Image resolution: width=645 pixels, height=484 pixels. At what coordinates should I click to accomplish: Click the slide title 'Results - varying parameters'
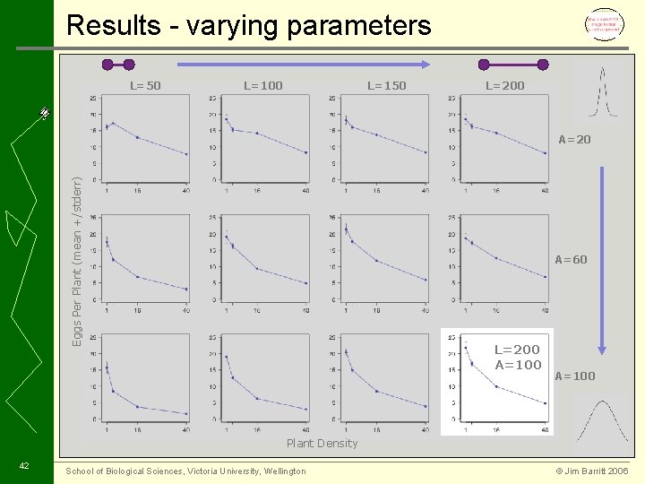249,25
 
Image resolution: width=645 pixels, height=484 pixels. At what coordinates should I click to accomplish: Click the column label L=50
145,86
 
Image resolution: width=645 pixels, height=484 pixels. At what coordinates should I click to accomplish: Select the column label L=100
263,86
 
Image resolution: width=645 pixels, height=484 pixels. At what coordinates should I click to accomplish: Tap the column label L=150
387,86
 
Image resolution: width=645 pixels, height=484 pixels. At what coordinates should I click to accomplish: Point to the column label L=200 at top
505,86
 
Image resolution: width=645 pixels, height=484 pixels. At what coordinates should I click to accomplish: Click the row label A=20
574,140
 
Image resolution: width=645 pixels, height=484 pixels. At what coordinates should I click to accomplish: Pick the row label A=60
572,260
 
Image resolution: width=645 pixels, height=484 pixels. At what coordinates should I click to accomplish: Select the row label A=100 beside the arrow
575,376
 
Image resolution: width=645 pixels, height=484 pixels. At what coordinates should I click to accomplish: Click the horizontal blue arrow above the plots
305,65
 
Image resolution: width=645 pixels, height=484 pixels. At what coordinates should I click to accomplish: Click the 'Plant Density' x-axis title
322,444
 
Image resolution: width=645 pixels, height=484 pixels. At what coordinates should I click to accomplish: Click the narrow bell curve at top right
602,91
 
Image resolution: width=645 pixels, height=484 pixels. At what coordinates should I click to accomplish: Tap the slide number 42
24,465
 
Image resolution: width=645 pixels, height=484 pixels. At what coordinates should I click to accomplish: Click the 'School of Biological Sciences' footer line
185,471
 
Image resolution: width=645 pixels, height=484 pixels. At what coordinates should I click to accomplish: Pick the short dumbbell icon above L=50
118,65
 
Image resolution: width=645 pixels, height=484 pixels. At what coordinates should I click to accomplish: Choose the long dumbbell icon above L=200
513,65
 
